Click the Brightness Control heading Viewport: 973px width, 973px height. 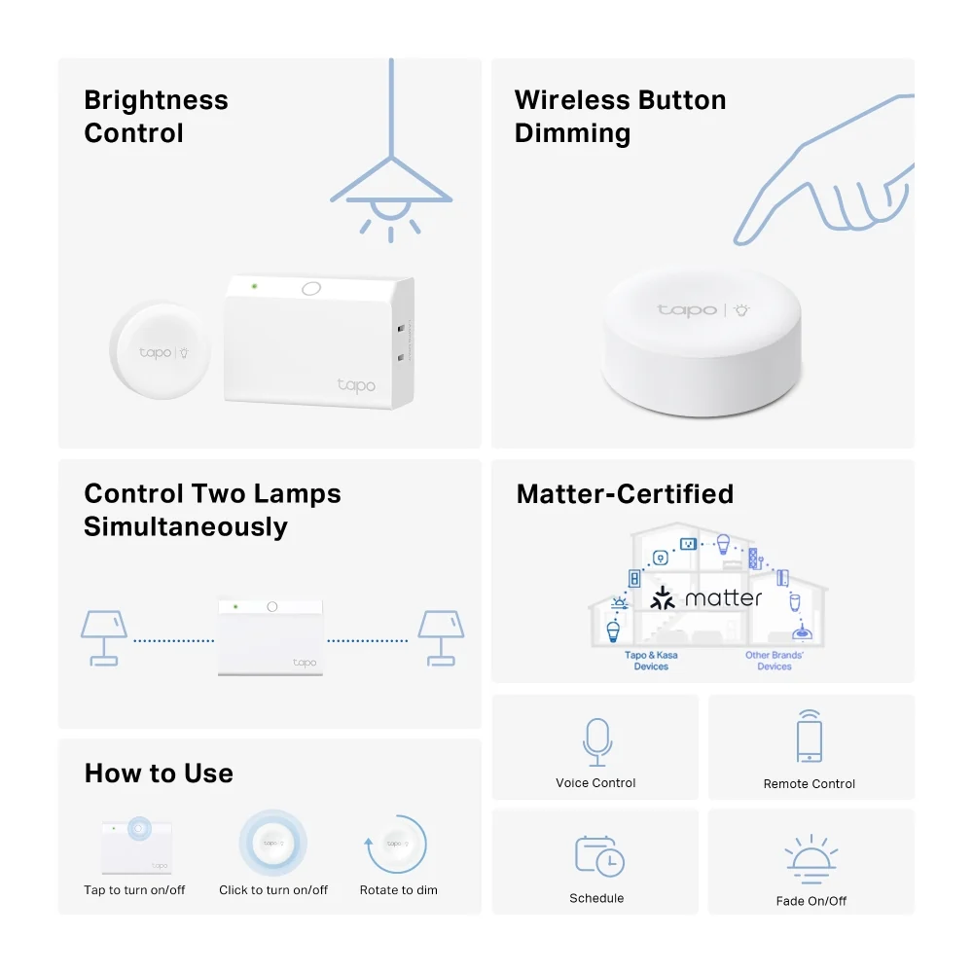pos(157,117)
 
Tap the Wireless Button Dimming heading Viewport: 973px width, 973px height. pos(621,117)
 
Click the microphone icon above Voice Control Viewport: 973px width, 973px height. pos(597,742)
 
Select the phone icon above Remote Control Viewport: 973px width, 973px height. pos(810,736)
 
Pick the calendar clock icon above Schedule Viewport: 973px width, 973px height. pos(599,856)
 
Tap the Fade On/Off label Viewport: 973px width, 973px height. pos(811,901)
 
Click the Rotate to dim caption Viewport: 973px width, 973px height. pos(398,890)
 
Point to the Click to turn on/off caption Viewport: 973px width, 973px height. pos(273,890)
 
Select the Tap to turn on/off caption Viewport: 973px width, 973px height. pos(134,890)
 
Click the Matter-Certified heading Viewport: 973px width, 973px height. pos(625,494)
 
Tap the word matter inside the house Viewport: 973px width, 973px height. pos(723,598)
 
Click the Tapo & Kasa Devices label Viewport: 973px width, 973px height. pos(651,661)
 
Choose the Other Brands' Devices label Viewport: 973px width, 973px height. pos(775,661)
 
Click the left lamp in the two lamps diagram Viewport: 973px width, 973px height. pos(104,638)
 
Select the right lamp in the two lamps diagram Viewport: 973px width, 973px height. pos(441,638)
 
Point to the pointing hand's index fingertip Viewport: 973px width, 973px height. pos(739,240)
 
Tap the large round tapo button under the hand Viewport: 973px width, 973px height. pos(702,342)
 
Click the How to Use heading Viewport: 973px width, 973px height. pos(159,774)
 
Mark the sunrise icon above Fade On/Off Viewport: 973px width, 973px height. pos(811,859)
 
